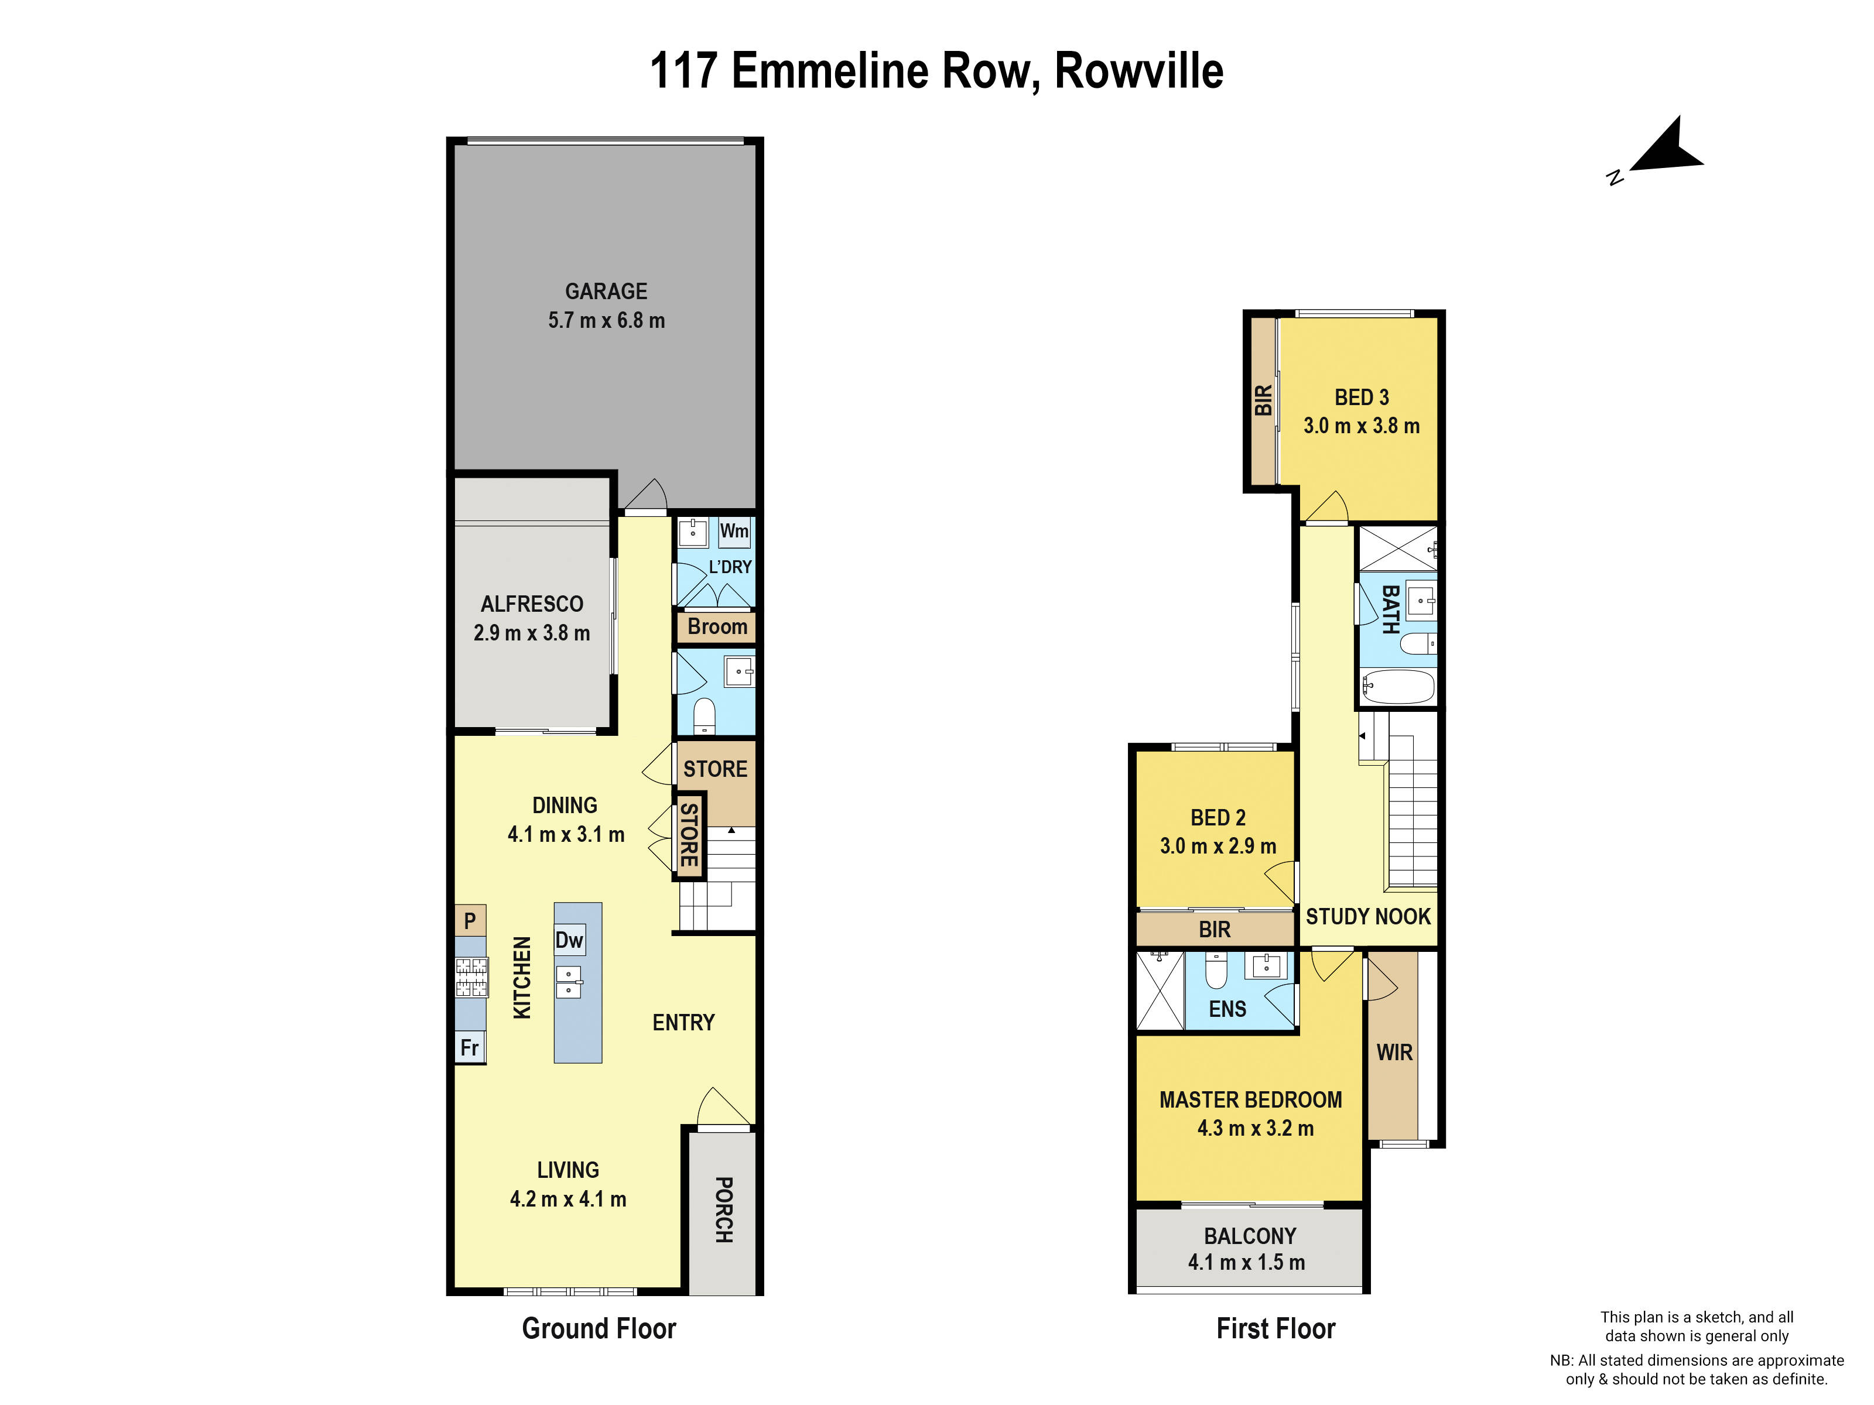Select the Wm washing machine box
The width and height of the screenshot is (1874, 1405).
[734, 532]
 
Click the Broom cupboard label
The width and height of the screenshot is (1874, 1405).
[717, 628]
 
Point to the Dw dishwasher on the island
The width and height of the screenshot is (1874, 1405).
[569, 940]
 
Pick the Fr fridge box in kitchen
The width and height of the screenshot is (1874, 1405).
[469, 1048]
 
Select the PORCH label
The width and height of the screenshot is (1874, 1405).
[723, 1209]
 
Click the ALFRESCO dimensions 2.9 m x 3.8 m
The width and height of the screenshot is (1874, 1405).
[531, 633]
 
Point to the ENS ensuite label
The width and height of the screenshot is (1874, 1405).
[1227, 1009]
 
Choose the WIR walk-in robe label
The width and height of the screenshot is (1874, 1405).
[1394, 1053]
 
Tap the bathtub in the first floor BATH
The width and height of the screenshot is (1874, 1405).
[1398, 687]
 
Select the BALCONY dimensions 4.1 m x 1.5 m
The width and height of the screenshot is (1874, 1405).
[1246, 1263]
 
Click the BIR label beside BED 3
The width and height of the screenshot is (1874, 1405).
[1263, 400]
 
